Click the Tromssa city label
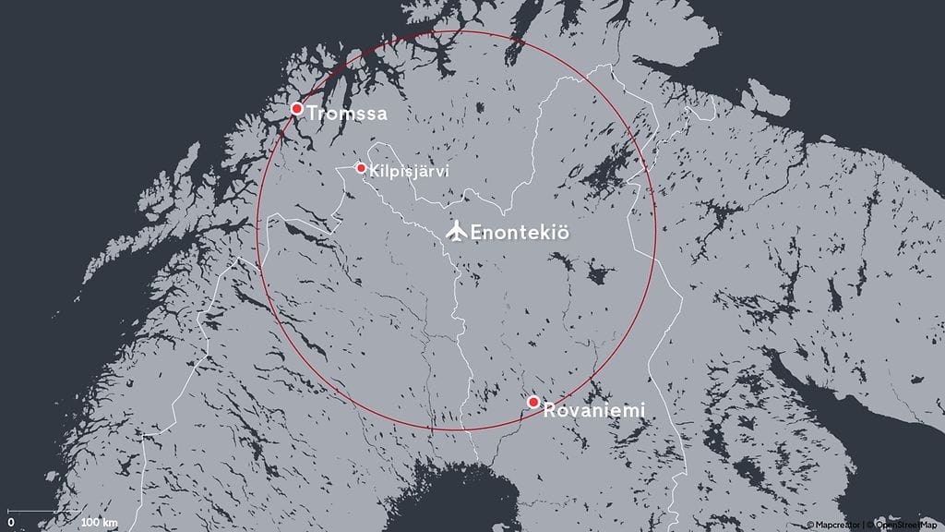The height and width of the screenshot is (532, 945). [346, 114]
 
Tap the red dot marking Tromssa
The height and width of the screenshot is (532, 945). [297, 109]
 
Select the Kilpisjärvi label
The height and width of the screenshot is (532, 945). [402, 171]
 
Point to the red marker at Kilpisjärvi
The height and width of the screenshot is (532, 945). [361, 168]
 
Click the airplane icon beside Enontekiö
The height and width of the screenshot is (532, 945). [456, 231]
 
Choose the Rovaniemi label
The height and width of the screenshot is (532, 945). [592, 409]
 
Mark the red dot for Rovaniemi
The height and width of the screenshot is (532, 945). [533, 402]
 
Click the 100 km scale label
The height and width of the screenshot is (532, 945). [99, 524]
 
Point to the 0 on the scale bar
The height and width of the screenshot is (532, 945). [10, 524]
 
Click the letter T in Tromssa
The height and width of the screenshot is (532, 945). [313, 114]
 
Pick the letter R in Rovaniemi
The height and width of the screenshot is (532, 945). [549, 409]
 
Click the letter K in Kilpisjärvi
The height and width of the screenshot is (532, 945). [373, 171]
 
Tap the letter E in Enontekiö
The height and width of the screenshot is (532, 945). [476, 233]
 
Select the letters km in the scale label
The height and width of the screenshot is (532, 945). [111, 524]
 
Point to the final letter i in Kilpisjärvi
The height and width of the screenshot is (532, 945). [434, 171]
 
